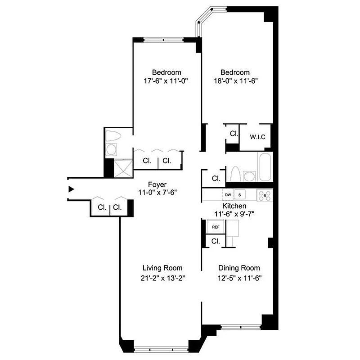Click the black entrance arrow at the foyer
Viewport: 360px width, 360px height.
pyautogui.click(x=70, y=189)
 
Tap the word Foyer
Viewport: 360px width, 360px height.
pyautogui.click(x=157, y=184)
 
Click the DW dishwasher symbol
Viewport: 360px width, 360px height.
pyautogui.click(x=228, y=195)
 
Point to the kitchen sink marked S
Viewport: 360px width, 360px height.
pyautogui.click(x=240, y=195)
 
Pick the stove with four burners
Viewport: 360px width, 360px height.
pyautogui.click(x=265, y=195)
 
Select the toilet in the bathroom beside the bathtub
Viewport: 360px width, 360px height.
pyautogui.click(x=234, y=173)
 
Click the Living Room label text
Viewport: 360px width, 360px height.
pyautogui.click(x=162, y=268)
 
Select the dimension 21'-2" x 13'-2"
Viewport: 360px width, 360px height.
pyautogui.click(x=162, y=278)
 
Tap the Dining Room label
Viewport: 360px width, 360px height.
pyautogui.click(x=239, y=268)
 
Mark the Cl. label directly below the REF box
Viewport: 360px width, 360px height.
pyautogui.click(x=216, y=241)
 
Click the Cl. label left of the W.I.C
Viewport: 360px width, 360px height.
pyautogui.click(x=234, y=133)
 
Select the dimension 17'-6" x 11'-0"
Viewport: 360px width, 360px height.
pyautogui.click(x=166, y=81)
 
